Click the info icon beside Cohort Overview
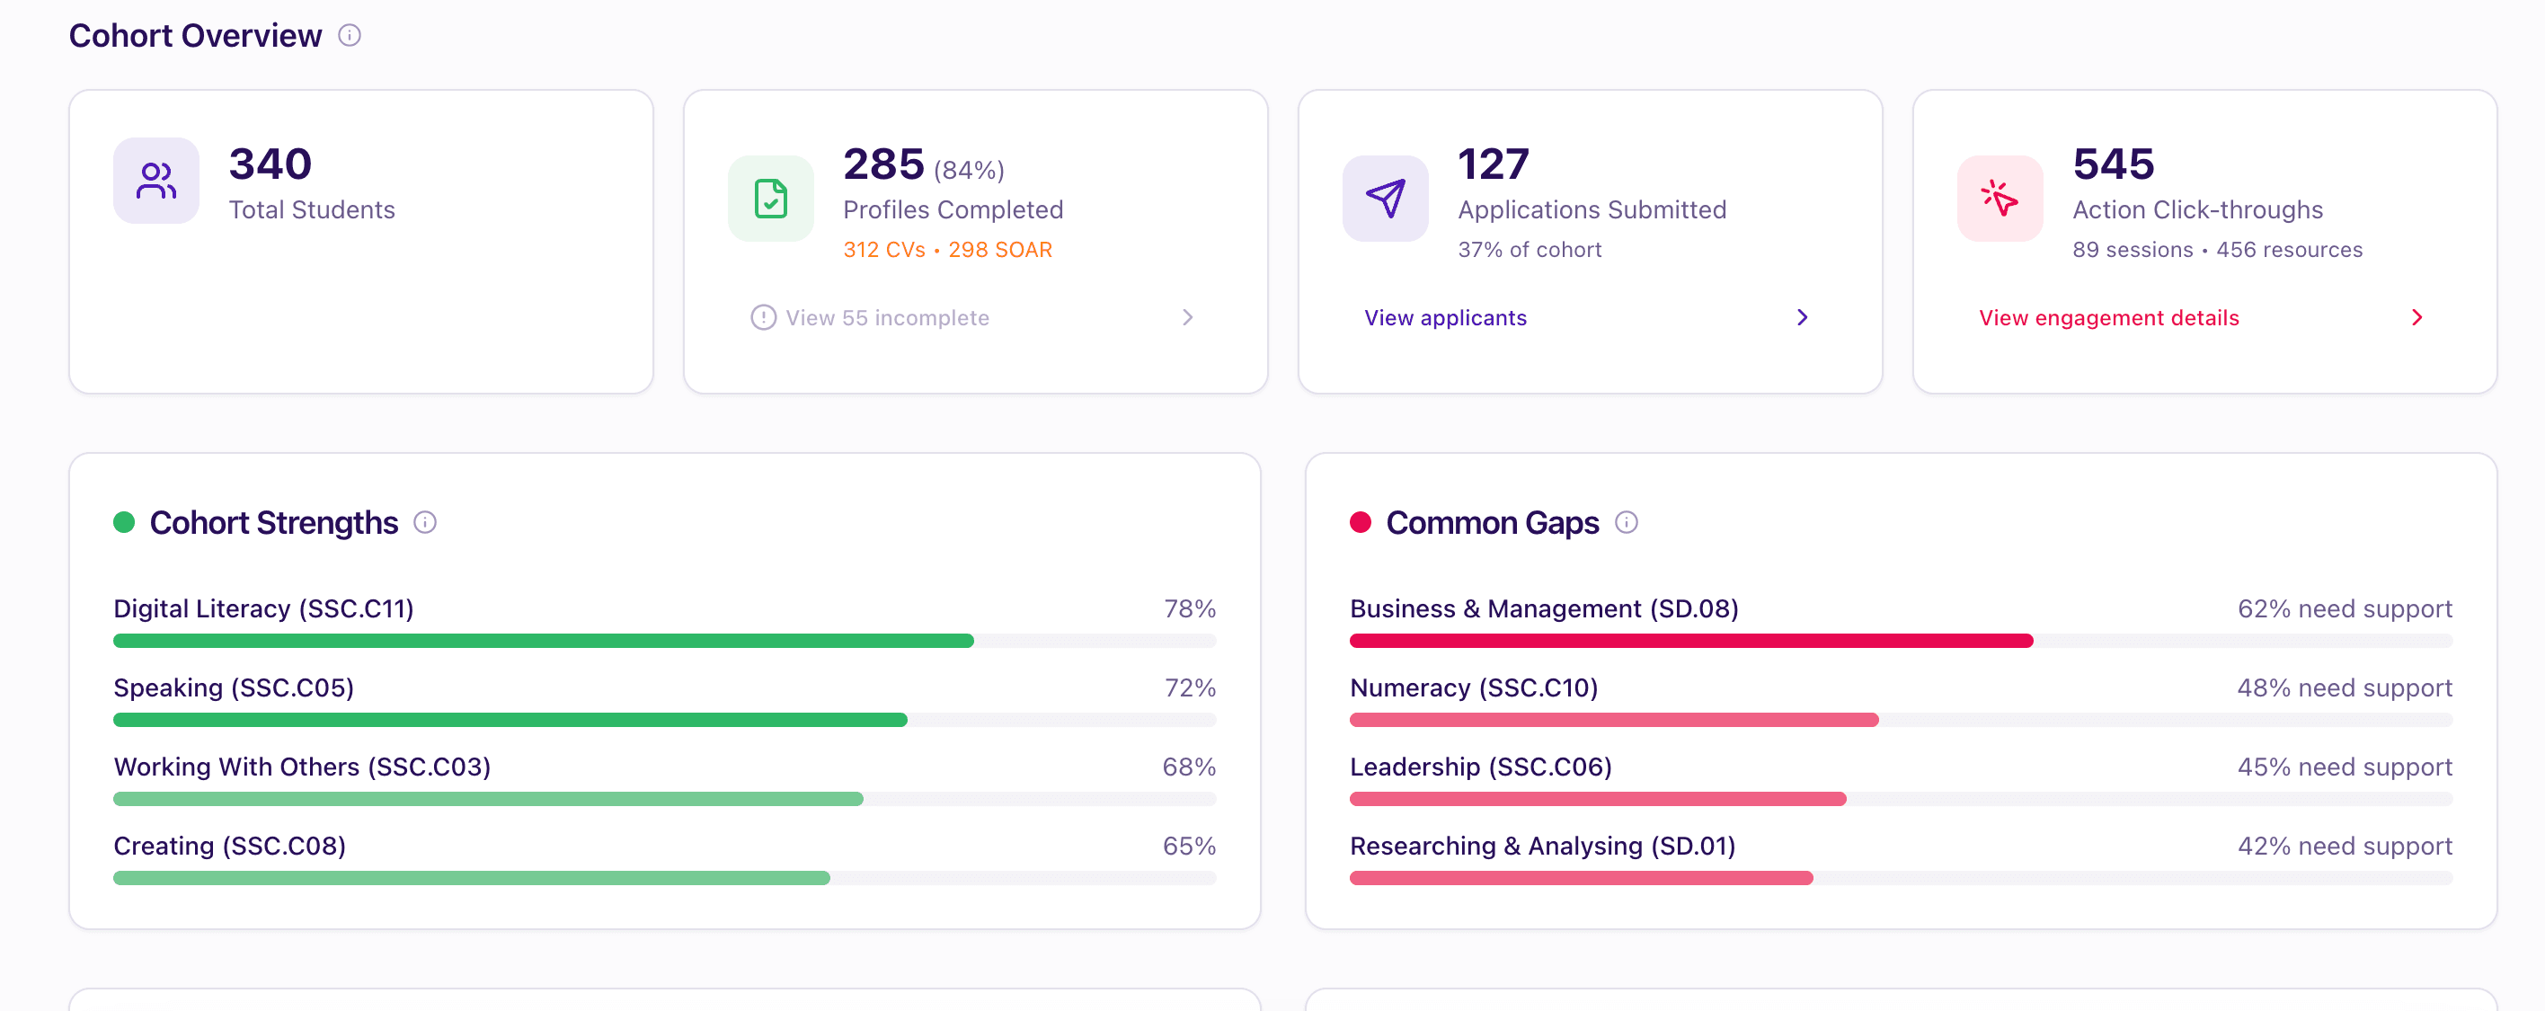(x=350, y=36)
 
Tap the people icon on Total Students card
(x=156, y=181)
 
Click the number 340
(x=270, y=164)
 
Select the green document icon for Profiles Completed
(x=771, y=199)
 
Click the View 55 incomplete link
(x=887, y=317)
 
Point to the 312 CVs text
(x=884, y=250)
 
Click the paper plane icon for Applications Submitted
(x=1385, y=199)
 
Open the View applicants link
(x=1445, y=317)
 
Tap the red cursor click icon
(x=2000, y=199)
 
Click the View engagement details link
(x=2108, y=317)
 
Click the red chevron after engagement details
(x=2416, y=317)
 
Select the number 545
(x=2114, y=164)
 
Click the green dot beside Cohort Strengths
(x=123, y=522)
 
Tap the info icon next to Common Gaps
(x=1627, y=522)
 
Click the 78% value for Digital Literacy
(x=1190, y=608)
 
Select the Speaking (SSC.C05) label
(x=233, y=687)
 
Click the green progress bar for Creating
(x=471, y=878)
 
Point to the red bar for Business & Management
(x=1691, y=641)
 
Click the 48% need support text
(x=2345, y=687)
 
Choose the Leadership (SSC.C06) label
(x=1480, y=767)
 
